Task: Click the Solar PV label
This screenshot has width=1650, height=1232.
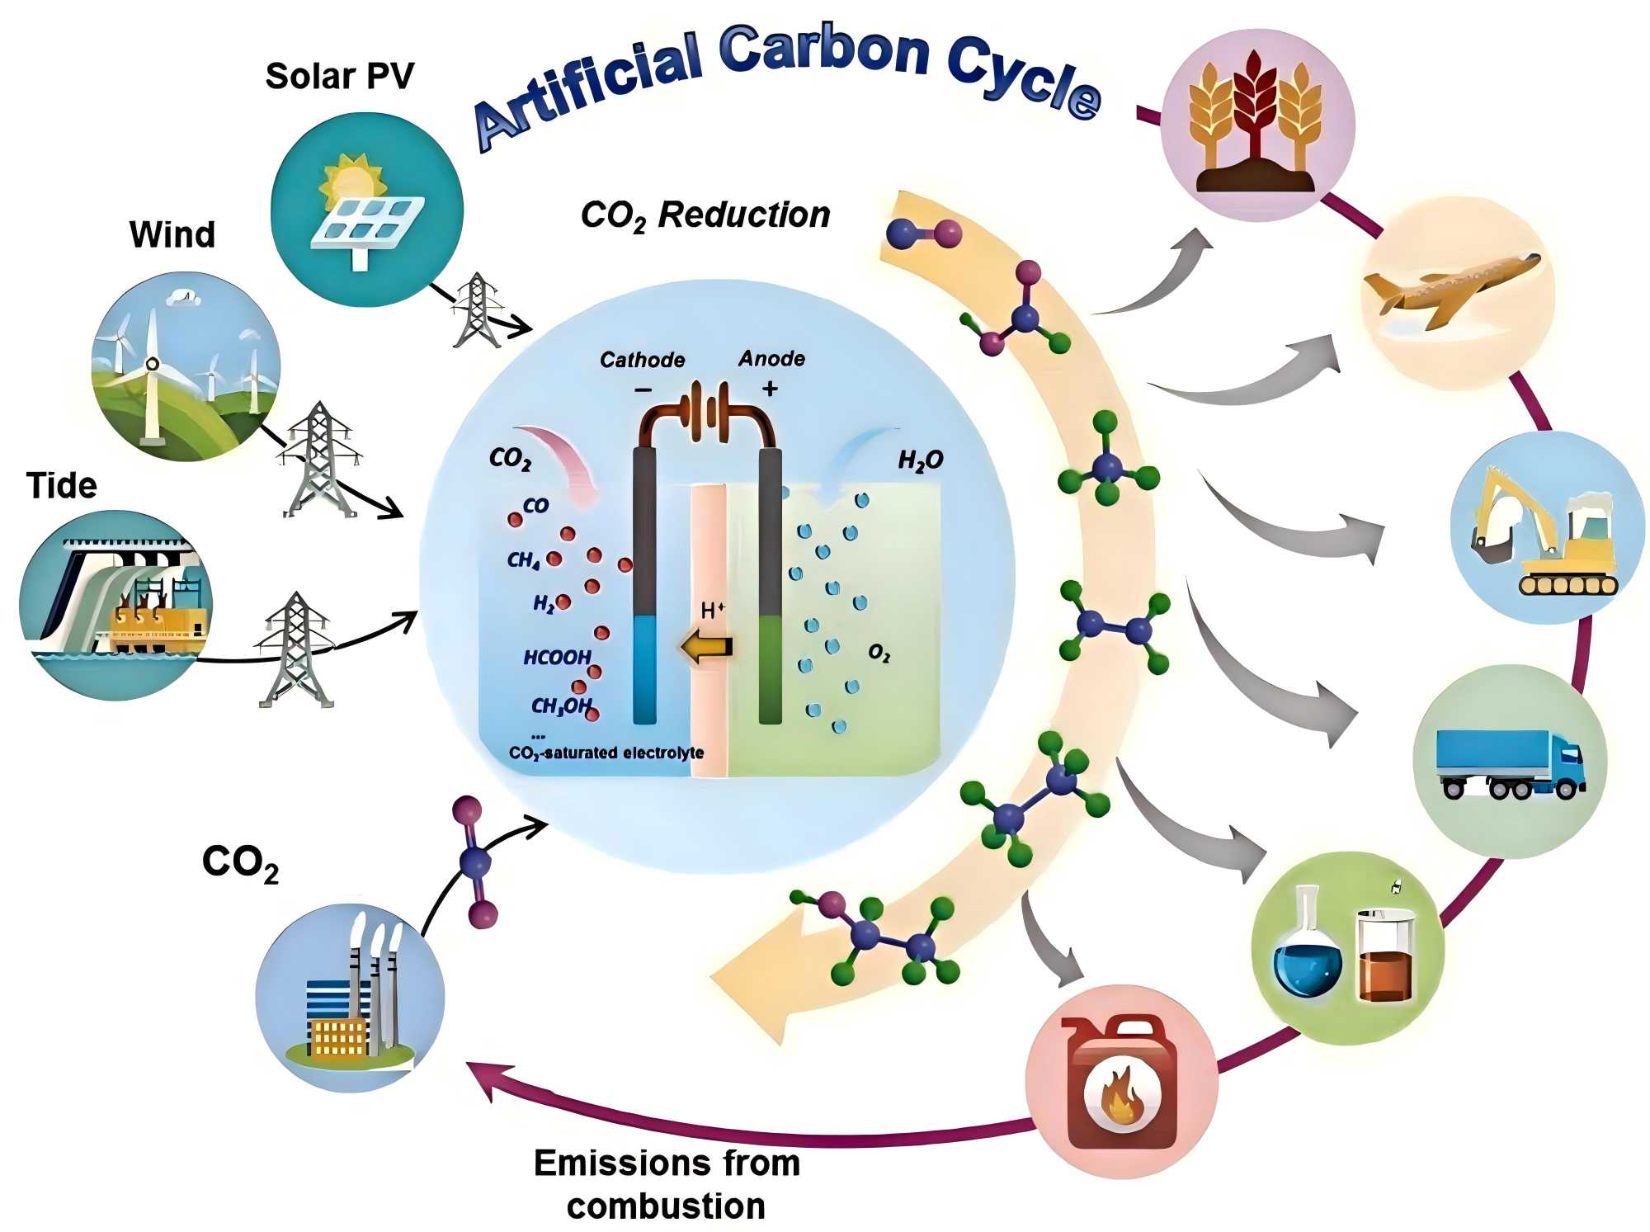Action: [x=339, y=76]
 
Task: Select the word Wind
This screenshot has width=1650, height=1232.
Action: [x=172, y=234]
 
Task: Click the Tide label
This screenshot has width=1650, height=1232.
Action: [x=61, y=485]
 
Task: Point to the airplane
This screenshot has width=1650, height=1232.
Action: [x=1452, y=289]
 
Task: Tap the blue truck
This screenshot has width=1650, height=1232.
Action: [x=1510, y=763]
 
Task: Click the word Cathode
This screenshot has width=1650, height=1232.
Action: [x=642, y=360]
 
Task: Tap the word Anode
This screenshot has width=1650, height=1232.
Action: [x=771, y=358]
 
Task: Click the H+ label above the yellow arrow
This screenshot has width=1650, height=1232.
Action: [x=713, y=610]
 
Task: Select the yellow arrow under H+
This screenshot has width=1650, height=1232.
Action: [x=707, y=647]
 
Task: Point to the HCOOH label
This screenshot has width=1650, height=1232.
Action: [x=557, y=657]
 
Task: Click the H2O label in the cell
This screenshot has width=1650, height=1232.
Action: [x=920, y=460]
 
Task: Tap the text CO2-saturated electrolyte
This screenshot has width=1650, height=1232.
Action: [x=606, y=753]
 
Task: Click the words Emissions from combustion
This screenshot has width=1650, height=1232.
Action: [x=667, y=1184]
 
